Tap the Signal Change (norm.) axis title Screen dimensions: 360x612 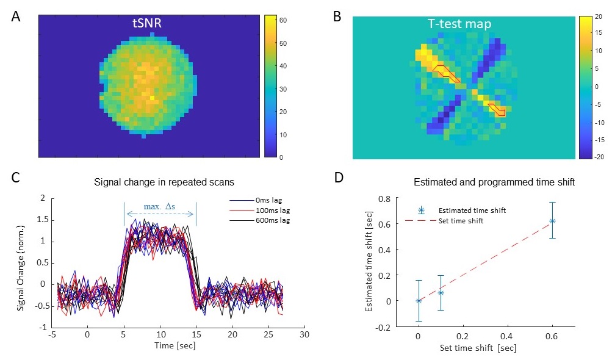[21, 262]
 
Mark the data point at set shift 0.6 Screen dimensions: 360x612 [552, 220]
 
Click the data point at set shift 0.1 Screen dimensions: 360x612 [441, 293]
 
